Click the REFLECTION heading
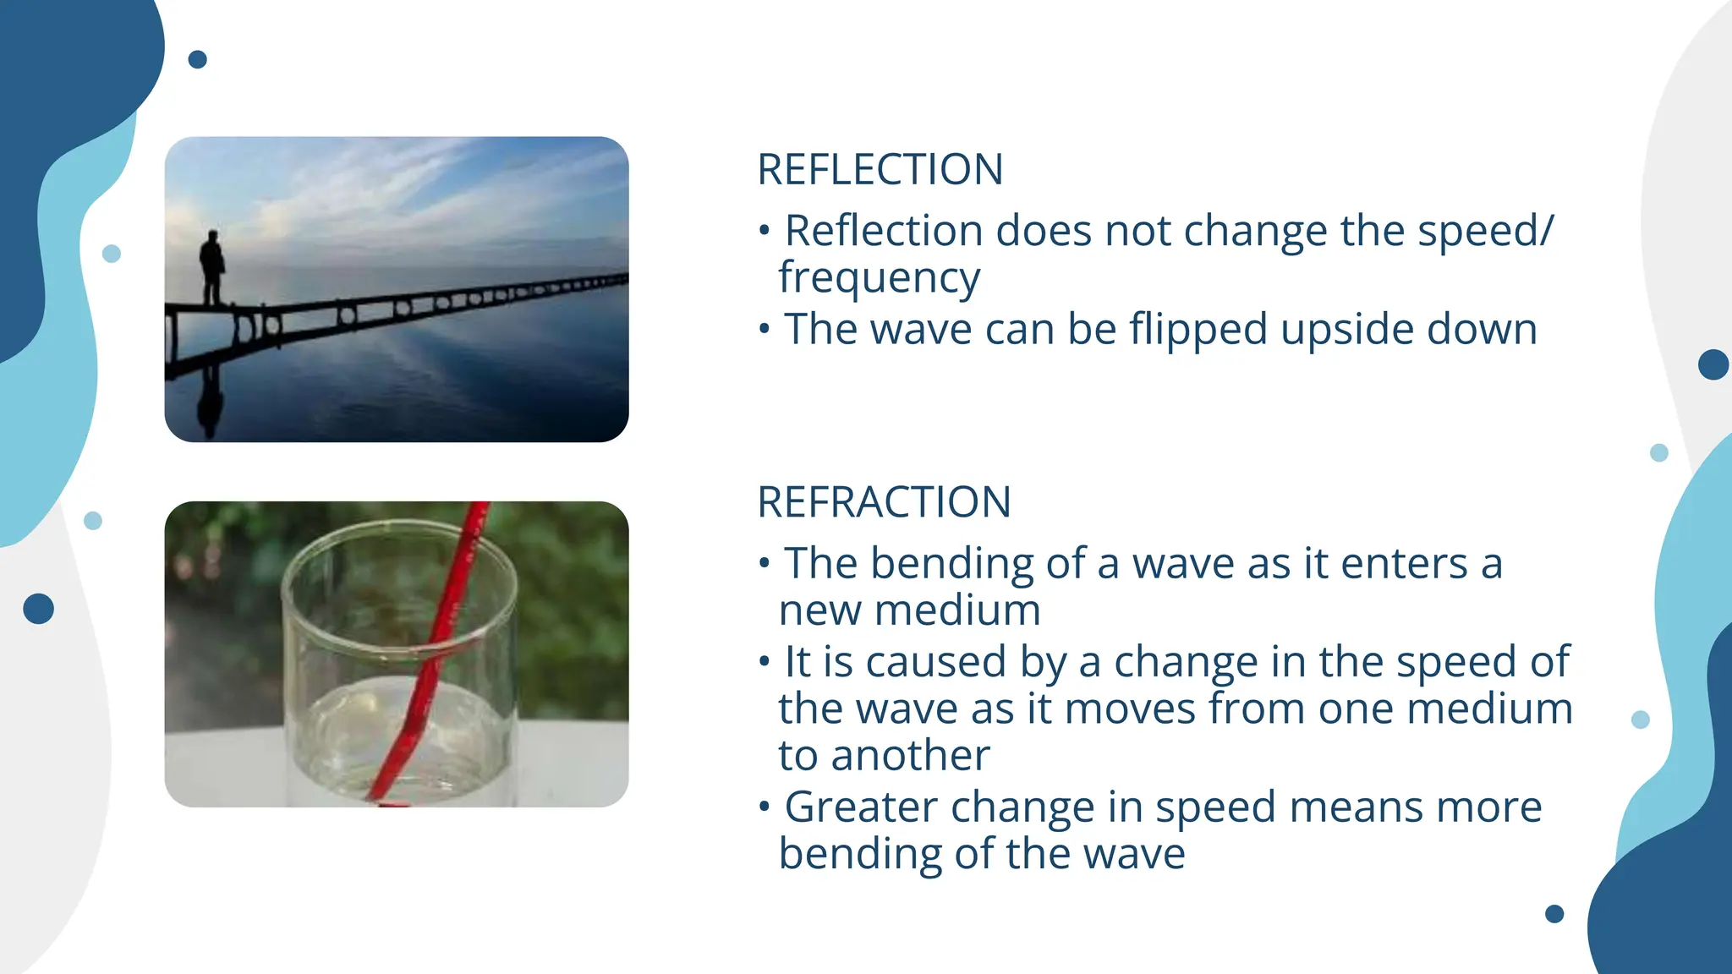coord(880,170)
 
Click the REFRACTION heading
coord(884,502)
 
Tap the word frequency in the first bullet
coord(879,278)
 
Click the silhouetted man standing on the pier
coord(212,266)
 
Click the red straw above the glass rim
coord(471,533)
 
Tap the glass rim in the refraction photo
coord(397,529)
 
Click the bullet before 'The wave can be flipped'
coord(765,330)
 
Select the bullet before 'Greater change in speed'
coord(765,807)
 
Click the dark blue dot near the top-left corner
coord(197,59)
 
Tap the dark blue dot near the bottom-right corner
coord(1554,914)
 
